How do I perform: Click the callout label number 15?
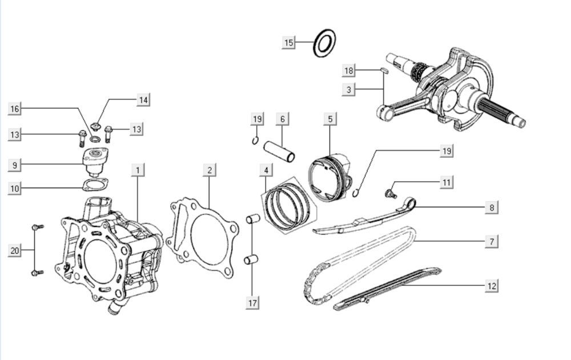click(289, 43)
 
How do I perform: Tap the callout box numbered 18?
click(349, 71)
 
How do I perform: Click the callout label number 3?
click(349, 89)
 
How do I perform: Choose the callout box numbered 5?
click(330, 119)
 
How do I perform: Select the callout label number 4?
click(266, 170)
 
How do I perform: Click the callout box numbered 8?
click(492, 207)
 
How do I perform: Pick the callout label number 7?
click(492, 242)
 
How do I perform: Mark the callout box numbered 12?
click(492, 286)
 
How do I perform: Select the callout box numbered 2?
click(210, 170)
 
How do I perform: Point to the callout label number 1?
click(137, 170)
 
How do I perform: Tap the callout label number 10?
click(15, 189)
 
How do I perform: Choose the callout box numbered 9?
click(15, 165)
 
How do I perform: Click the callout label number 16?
click(15, 109)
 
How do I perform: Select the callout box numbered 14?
click(143, 100)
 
